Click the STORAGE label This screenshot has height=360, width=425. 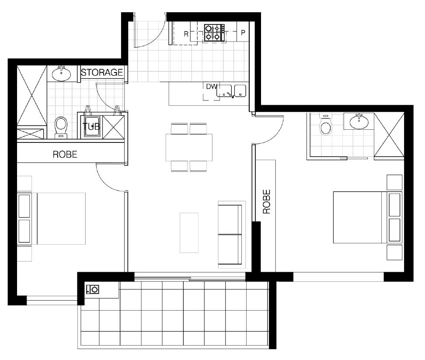coord(102,73)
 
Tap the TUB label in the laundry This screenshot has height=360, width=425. coord(91,126)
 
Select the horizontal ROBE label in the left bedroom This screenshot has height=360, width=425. coord(65,154)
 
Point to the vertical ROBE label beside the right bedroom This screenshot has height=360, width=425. coord(267,201)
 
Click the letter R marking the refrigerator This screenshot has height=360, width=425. coord(186,34)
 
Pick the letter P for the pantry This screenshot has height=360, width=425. coord(243,32)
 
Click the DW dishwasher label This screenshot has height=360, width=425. coord(212,87)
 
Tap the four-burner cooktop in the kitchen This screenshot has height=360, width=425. coord(214,32)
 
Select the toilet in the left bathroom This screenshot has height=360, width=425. coord(61,127)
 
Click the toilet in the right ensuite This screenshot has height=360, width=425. coord(325,124)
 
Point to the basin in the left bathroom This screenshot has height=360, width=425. coord(61,73)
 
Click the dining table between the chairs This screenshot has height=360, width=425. coord(189,147)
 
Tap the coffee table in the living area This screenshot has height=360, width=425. coord(189,233)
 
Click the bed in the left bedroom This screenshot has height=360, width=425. coord(52,218)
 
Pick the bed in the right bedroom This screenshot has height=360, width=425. coord(368,217)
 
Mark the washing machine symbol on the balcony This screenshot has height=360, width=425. coord(93,289)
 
